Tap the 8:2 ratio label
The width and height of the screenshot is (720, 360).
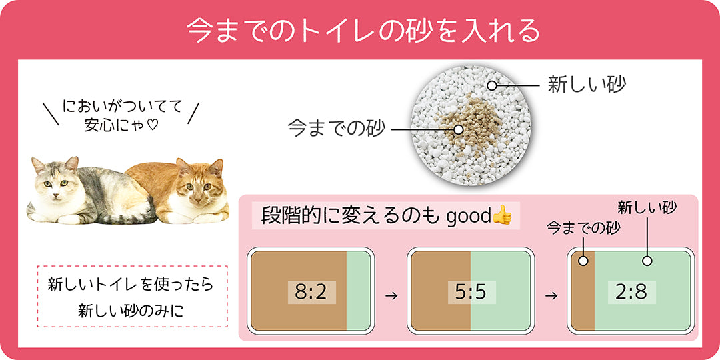(x=311, y=292)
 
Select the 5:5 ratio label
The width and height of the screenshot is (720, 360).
(x=471, y=292)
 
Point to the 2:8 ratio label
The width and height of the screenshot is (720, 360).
(x=632, y=292)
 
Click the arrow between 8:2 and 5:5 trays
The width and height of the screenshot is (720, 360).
(x=391, y=296)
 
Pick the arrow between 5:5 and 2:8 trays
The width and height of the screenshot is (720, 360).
(x=551, y=296)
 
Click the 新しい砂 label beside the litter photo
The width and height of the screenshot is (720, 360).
(x=587, y=85)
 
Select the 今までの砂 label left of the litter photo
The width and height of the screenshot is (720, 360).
(x=335, y=129)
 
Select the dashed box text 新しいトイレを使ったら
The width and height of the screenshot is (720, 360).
(x=131, y=285)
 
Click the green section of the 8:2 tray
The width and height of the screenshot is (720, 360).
(x=358, y=291)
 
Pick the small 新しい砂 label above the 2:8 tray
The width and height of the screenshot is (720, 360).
(x=647, y=208)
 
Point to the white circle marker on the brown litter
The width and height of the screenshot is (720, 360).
(x=458, y=129)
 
